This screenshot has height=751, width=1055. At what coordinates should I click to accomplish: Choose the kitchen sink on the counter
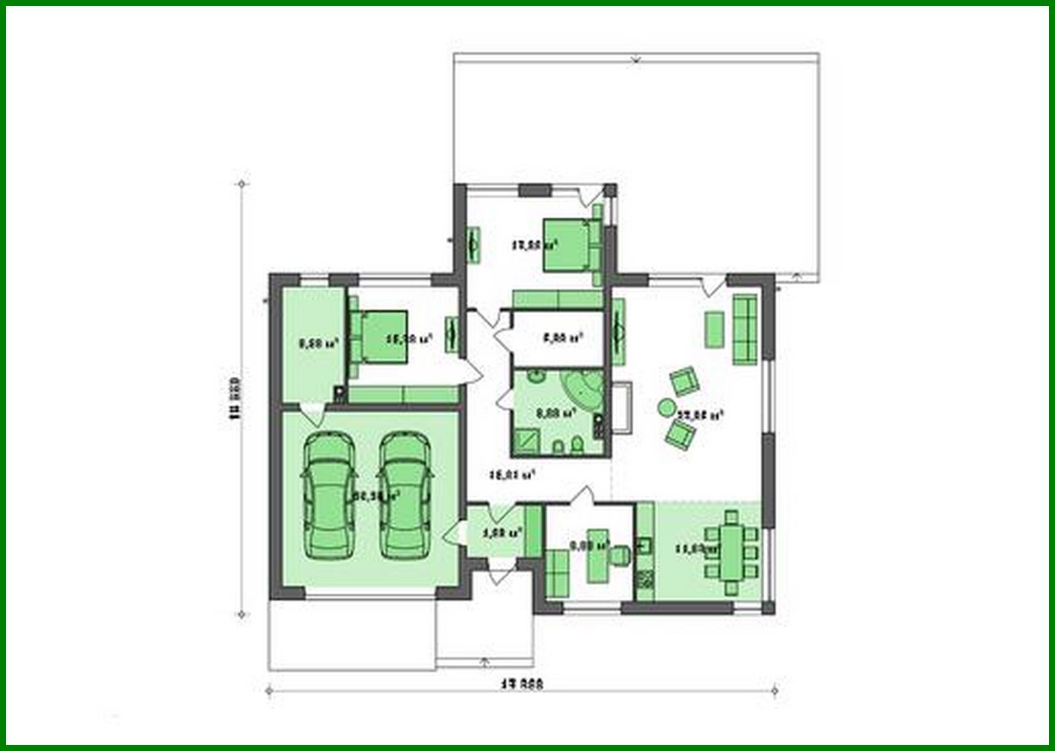coord(644,545)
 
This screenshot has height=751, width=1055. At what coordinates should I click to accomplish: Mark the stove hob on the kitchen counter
coord(644,581)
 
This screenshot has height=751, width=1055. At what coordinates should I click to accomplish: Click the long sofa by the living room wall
coord(745,329)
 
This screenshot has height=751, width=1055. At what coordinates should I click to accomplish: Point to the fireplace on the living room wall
coord(622,408)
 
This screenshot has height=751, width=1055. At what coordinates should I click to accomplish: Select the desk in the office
coord(598,555)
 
